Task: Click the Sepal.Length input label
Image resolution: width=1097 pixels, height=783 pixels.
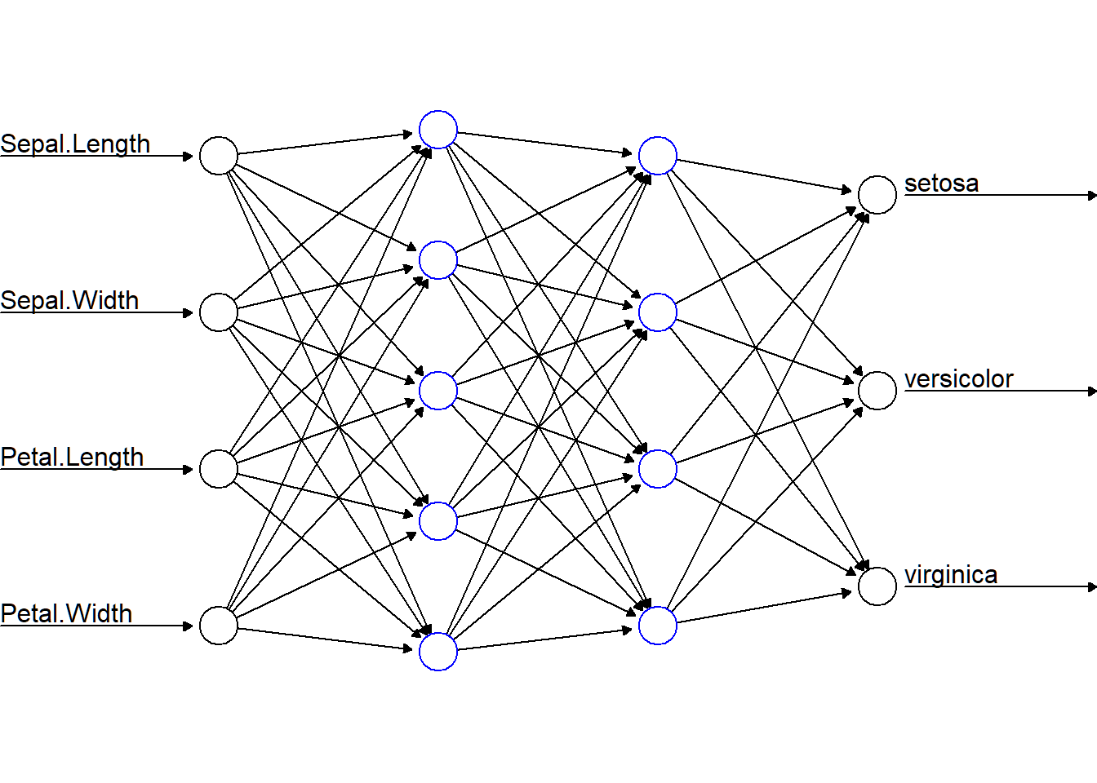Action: pyautogui.click(x=75, y=144)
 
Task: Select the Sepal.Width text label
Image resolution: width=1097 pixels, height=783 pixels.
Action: pyautogui.click(x=69, y=301)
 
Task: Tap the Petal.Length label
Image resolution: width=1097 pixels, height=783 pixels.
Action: pyautogui.click(x=72, y=458)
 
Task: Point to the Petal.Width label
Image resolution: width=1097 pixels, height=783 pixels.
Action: pyautogui.click(x=66, y=614)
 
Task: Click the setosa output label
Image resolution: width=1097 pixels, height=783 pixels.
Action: pyautogui.click(x=941, y=184)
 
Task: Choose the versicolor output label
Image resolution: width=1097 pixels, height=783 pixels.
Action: pyautogui.click(x=958, y=379)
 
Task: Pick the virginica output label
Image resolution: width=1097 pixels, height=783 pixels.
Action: pyautogui.click(x=950, y=575)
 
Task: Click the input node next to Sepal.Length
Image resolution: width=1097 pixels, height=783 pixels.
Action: pyautogui.click(x=219, y=156)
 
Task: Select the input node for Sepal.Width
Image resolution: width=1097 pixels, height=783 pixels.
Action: pyautogui.click(x=219, y=312)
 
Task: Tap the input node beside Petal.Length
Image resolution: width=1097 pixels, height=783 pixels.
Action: pyautogui.click(x=219, y=469)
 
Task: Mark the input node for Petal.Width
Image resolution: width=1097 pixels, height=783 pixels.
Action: pyautogui.click(x=219, y=626)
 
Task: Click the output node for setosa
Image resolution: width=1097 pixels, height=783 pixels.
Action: pyautogui.click(x=877, y=195)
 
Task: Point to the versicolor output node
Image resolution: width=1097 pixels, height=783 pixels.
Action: pyautogui.click(x=877, y=391)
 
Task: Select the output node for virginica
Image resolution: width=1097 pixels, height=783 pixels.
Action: pyautogui.click(x=877, y=586)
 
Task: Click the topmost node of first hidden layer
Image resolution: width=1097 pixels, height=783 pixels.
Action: pyautogui.click(x=438, y=130)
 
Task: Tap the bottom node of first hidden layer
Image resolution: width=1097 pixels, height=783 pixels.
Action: pyautogui.click(x=438, y=652)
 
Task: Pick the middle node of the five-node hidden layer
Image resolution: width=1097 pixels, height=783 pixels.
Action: pyautogui.click(x=438, y=391)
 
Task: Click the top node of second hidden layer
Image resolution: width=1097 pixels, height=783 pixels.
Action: pyautogui.click(x=658, y=156)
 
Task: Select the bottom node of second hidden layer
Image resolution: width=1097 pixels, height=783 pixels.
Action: pyautogui.click(x=658, y=626)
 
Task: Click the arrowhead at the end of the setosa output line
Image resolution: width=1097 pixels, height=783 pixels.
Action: pyautogui.click(x=1092, y=196)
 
